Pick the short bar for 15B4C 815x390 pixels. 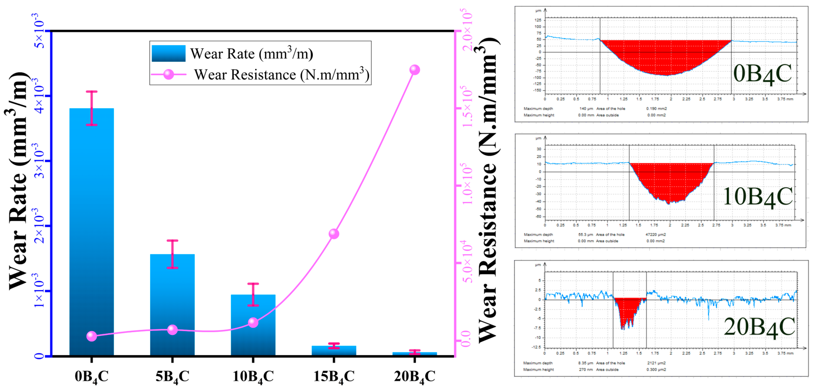click(334, 351)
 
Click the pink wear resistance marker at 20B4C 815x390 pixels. click(414, 70)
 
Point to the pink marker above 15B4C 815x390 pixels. click(334, 234)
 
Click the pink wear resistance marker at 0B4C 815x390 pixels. click(91, 336)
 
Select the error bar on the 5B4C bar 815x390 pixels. click(172, 254)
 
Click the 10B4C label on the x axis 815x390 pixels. click(253, 376)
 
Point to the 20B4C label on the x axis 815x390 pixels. click(414, 376)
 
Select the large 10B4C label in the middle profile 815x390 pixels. click(757, 197)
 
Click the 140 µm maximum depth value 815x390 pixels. click(586, 109)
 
